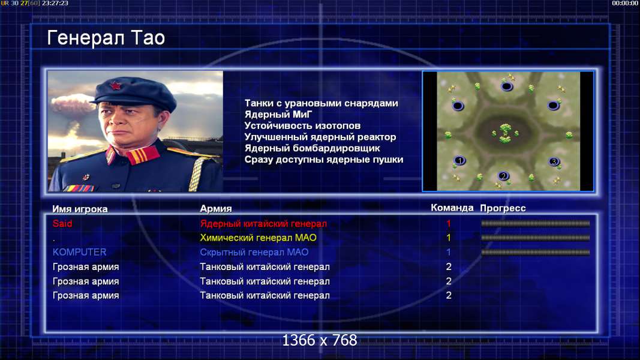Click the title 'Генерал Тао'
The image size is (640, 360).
106,38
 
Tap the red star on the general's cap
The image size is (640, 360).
115,86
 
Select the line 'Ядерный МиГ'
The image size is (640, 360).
278,115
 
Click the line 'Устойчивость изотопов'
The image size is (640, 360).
302,126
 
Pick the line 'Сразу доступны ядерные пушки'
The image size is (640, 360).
324,160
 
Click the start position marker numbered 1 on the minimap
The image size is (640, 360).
459,160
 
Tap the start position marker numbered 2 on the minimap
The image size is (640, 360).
503,176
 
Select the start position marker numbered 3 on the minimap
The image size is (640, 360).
554,161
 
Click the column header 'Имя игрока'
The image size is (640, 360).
80,209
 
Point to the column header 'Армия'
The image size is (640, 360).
216,209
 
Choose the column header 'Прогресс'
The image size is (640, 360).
503,208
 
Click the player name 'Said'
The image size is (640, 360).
62,224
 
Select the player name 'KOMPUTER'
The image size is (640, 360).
80,252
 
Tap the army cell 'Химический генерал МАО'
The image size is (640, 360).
259,238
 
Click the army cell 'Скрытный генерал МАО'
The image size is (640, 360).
254,252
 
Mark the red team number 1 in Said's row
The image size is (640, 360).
449,224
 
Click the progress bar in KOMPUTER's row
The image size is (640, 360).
536,252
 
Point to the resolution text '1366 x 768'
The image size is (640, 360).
320,340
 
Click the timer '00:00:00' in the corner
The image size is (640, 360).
625,3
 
